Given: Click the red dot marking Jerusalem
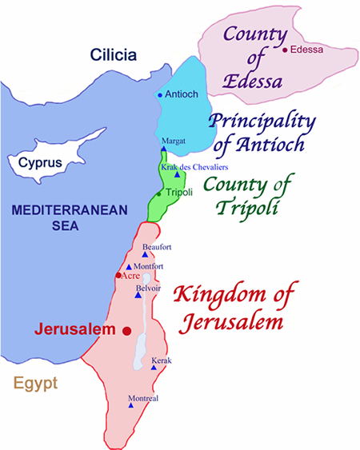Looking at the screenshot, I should pyautogui.click(x=126, y=330).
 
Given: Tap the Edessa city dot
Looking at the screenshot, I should pyautogui.click(x=286, y=50).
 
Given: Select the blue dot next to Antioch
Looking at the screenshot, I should pyautogui.click(x=160, y=95).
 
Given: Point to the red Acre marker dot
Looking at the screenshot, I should pyautogui.click(x=118, y=275).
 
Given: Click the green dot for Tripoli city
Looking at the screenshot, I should pyautogui.click(x=159, y=193).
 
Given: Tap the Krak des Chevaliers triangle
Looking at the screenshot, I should pyautogui.click(x=177, y=174).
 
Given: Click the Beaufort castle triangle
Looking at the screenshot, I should pyautogui.click(x=145, y=254).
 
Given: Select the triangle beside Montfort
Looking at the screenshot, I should pyautogui.click(x=129, y=266).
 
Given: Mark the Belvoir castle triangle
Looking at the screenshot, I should pyautogui.click(x=138, y=294).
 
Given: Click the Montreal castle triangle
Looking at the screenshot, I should pyautogui.click(x=130, y=404).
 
